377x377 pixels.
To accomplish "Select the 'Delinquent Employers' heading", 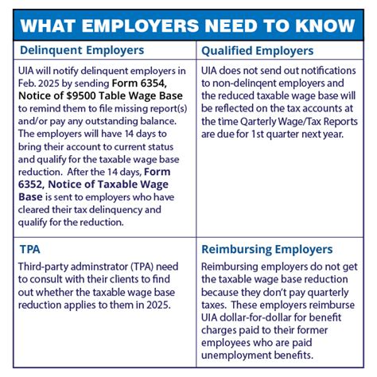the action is pyautogui.click(x=82, y=51).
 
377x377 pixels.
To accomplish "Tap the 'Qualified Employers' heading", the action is pyautogui.click(x=258, y=51).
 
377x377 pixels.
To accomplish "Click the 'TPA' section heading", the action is pyautogui.click(x=31, y=249).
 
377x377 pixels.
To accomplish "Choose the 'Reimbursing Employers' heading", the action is pyautogui.click(x=266, y=249).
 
